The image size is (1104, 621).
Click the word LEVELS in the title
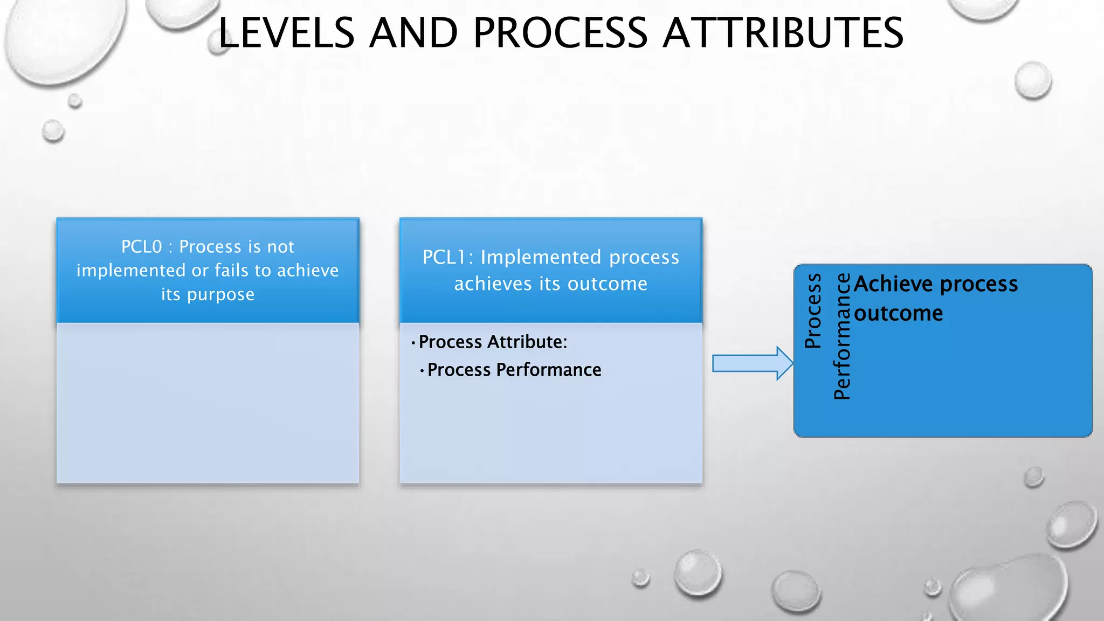pos(286,33)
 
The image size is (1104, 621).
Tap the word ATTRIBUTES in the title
pos(783,33)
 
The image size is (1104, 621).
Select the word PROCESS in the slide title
pos(560,33)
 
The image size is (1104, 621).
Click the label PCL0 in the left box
pos(141,247)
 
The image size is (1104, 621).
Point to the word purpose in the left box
pos(220,295)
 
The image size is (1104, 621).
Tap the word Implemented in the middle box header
pos(541,258)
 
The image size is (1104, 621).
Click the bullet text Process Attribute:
pos(493,342)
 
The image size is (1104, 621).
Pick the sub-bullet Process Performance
pos(514,370)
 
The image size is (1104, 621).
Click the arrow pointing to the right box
pos(752,363)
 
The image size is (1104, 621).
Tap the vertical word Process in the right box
pos(813,311)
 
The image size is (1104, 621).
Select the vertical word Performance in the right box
pos(842,337)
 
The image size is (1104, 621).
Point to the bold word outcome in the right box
pos(899,314)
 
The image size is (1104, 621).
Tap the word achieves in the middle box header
pos(493,284)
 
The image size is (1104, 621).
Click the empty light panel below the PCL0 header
pos(208,403)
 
